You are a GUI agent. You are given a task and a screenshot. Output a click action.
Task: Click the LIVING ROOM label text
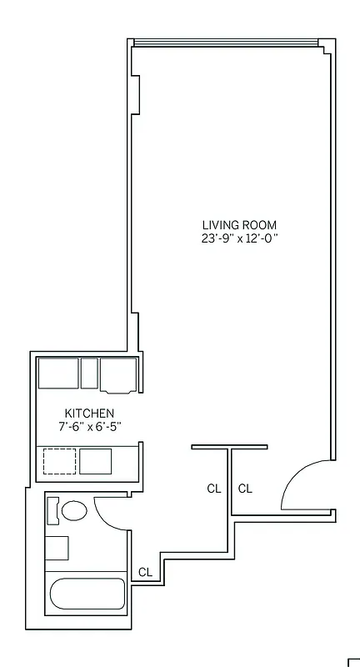click(x=239, y=225)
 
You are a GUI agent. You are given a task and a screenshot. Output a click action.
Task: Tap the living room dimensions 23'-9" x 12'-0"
click(x=239, y=238)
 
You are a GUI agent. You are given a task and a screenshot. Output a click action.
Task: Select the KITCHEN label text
click(x=89, y=414)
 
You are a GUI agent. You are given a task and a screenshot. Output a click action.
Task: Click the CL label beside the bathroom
click(x=145, y=572)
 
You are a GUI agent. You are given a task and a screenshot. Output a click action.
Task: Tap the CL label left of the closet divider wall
click(x=214, y=489)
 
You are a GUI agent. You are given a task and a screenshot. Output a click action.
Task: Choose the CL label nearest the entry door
click(x=245, y=489)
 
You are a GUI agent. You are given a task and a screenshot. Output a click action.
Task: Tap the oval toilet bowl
click(x=75, y=511)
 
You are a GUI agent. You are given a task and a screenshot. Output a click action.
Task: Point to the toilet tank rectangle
click(x=52, y=511)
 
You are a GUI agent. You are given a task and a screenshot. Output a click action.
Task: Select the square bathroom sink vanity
click(x=56, y=548)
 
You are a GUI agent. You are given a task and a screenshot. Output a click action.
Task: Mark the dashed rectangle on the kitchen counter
click(x=59, y=461)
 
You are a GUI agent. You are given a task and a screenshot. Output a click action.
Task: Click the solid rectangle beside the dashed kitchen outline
click(x=95, y=461)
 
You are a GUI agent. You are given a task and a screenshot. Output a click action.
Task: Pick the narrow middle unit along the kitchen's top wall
click(x=89, y=372)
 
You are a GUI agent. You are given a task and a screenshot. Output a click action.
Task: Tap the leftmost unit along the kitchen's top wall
click(x=58, y=372)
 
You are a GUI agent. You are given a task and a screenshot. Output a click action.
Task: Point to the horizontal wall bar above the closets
click(x=229, y=447)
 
